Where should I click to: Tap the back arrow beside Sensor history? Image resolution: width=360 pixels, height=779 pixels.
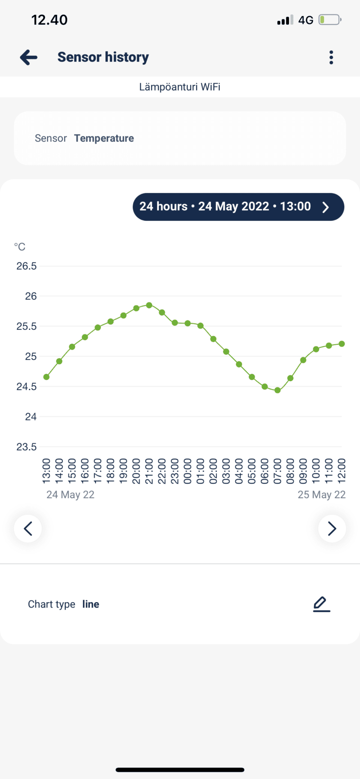(x=29, y=58)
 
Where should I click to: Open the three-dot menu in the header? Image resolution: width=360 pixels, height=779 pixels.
(x=331, y=58)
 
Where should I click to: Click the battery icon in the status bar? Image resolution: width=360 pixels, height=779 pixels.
(x=330, y=20)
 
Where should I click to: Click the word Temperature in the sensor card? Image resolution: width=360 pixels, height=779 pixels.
(x=104, y=138)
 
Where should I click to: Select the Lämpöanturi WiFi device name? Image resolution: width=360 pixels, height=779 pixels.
(x=180, y=87)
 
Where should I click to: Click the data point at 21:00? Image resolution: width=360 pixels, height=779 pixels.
(x=149, y=305)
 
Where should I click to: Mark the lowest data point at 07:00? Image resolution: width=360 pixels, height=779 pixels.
(x=278, y=390)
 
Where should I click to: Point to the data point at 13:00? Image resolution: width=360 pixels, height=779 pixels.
(x=46, y=377)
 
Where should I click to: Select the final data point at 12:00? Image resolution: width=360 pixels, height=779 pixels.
(x=342, y=344)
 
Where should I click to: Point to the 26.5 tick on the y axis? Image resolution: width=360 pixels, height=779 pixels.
(x=27, y=266)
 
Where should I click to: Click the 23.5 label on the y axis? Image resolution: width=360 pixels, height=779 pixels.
(x=27, y=447)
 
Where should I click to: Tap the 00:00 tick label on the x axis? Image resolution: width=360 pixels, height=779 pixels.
(x=188, y=471)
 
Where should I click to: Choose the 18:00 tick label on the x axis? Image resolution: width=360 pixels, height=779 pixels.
(x=110, y=471)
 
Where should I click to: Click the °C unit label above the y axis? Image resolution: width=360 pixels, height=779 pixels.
(x=20, y=247)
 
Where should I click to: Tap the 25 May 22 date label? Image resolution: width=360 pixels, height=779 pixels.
(x=321, y=495)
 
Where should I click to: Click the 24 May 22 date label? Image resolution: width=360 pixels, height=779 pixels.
(x=71, y=495)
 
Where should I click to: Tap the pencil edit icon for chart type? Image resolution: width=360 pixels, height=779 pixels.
(x=321, y=604)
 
